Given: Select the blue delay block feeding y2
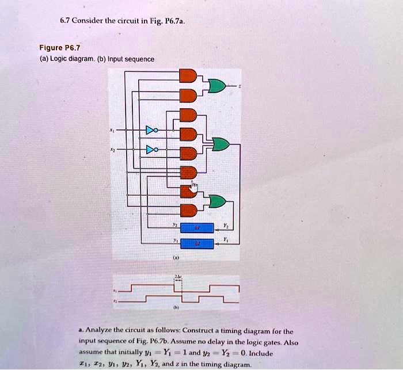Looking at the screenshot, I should click(x=197, y=227).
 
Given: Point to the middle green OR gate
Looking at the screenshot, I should click(x=220, y=144).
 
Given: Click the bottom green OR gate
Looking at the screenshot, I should click(x=217, y=201).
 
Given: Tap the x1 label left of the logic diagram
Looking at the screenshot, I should click(x=112, y=131).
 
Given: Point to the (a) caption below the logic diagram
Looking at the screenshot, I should click(x=176, y=259).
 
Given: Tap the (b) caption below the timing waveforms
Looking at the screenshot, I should click(x=177, y=308).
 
